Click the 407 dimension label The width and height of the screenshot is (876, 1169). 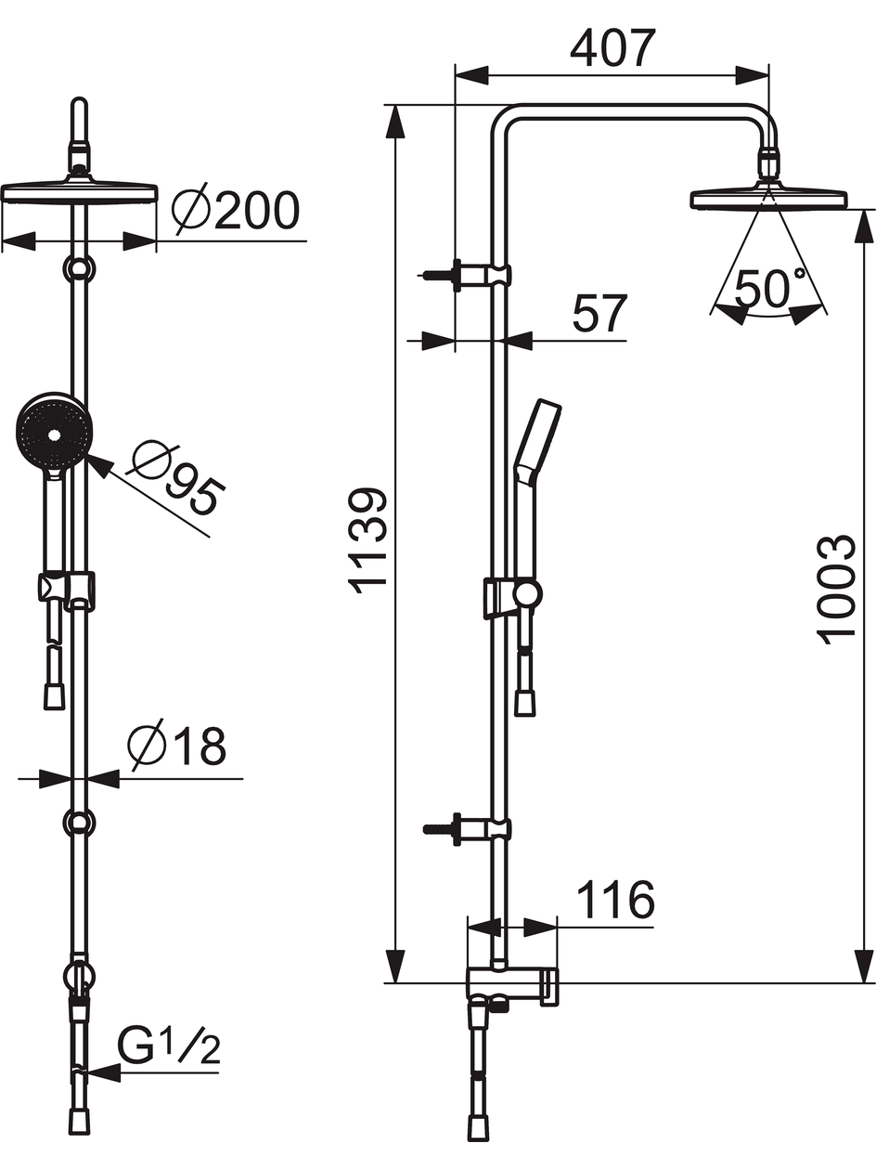click(612, 48)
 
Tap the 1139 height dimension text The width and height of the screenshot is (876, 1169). click(367, 541)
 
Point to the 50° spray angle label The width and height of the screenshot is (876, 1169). click(770, 288)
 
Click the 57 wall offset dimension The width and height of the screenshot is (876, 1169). click(600, 313)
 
